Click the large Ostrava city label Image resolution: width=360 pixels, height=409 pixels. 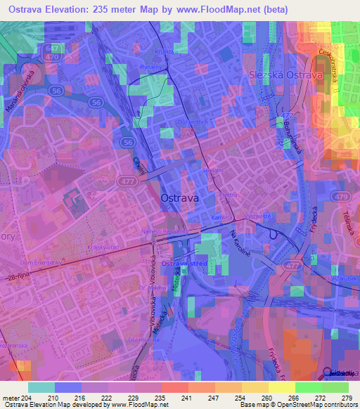[x=180, y=199]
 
